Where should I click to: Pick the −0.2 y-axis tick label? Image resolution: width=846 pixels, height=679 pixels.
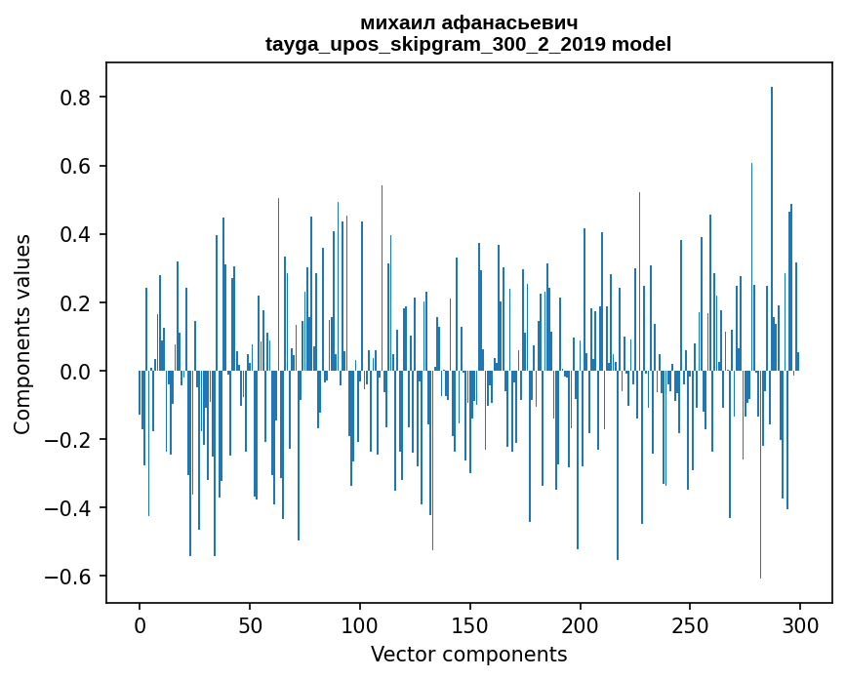coord(71,439)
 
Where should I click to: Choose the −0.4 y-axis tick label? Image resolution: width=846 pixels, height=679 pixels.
coord(71,507)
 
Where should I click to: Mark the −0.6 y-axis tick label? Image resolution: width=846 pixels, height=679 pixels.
coord(71,576)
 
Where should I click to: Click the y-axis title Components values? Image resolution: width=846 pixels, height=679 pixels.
coord(22,334)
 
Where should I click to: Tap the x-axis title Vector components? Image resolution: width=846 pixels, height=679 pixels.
coord(468,654)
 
